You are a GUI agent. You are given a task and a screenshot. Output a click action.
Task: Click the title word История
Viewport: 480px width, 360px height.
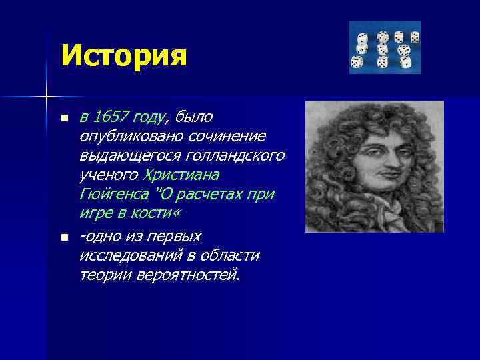(x=123, y=55)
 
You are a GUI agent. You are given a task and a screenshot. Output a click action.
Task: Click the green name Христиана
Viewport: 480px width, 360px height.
(x=181, y=175)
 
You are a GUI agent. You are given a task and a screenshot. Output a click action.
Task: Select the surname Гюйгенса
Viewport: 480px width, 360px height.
(x=111, y=195)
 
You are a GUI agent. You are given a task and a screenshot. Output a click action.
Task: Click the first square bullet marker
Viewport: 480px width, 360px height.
(x=63, y=119)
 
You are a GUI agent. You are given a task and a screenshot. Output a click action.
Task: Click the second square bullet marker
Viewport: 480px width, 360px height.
(x=63, y=237)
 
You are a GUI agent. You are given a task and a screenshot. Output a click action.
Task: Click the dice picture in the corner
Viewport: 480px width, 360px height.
(x=385, y=47)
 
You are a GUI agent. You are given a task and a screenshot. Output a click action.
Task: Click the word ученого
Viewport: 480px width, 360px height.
(x=109, y=175)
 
